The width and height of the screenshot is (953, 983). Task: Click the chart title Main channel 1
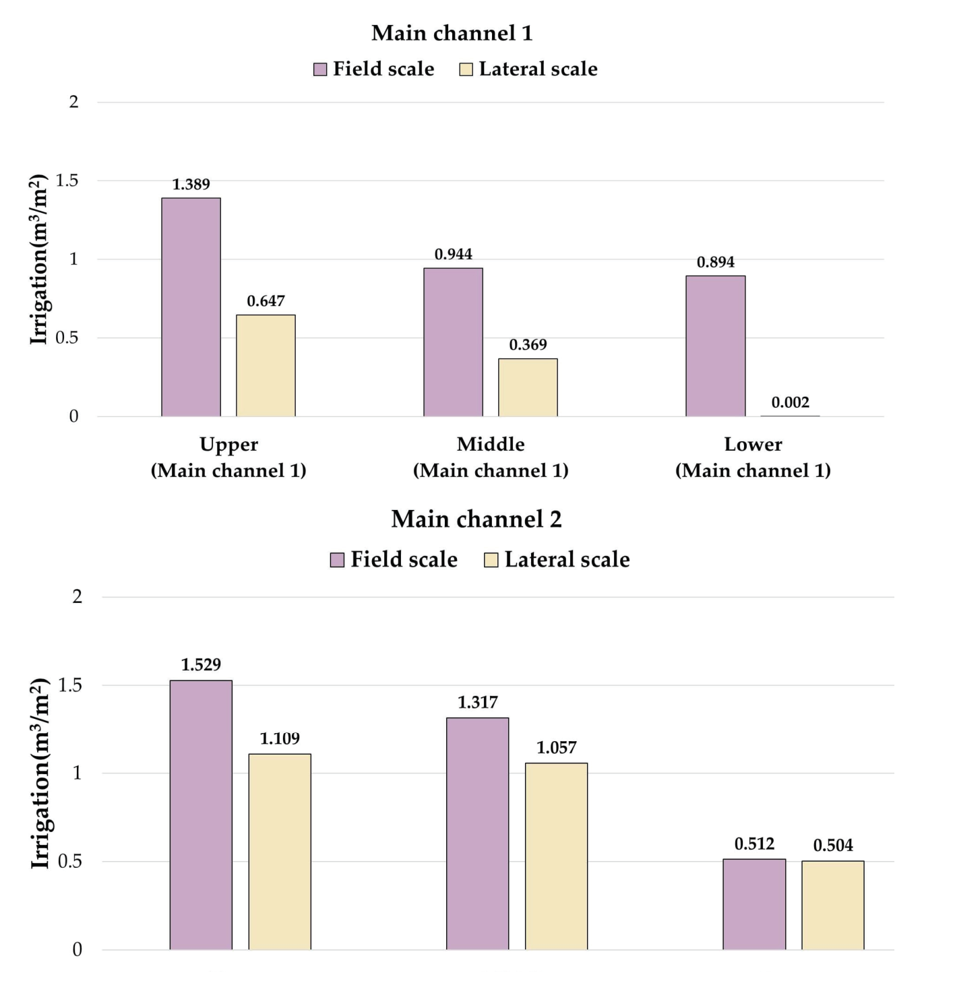click(x=452, y=33)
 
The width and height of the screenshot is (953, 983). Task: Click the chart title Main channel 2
click(x=476, y=519)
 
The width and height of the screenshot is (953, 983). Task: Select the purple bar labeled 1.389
click(x=191, y=307)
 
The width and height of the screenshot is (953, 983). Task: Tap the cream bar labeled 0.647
click(x=266, y=365)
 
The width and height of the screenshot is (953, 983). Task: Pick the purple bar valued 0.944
click(x=453, y=342)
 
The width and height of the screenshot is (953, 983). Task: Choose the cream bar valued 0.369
click(x=528, y=387)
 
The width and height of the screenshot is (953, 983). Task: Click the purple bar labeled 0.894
click(x=715, y=346)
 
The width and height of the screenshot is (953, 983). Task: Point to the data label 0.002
click(x=790, y=403)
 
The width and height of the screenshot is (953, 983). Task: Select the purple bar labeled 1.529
click(x=201, y=815)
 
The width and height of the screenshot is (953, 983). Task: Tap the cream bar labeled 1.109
click(x=280, y=852)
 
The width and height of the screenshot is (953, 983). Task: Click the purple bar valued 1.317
click(x=477, y=833)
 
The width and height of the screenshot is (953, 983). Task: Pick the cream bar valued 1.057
click(x=556, y=856)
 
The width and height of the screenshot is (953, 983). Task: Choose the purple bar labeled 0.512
click(x=754, y=904)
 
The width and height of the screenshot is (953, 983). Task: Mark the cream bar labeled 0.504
click(x=832, y=905)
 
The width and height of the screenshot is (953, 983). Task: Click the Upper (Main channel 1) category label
click(x=228, y=457)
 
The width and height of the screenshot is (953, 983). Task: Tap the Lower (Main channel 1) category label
click(x=753, y=457)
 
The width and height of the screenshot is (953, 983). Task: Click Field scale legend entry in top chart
click(x=374, y=69)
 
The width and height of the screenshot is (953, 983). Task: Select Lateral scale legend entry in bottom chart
click(x=557, y=559)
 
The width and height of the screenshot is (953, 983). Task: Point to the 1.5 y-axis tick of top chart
click(x=67, y=181)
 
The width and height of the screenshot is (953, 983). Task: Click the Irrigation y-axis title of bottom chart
click(x=41, y=773)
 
